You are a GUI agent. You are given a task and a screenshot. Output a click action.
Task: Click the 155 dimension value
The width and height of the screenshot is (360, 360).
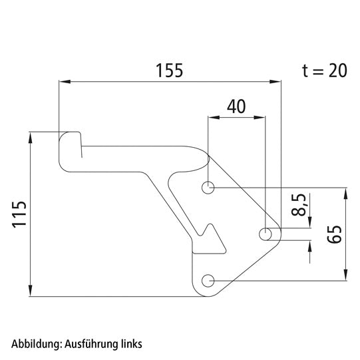[x=169, y=69]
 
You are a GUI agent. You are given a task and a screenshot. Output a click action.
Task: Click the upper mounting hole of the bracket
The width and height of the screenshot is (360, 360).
[x=209, y=188]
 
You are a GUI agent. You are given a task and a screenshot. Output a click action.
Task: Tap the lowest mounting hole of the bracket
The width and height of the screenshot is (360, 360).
[x=209, y=280]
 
